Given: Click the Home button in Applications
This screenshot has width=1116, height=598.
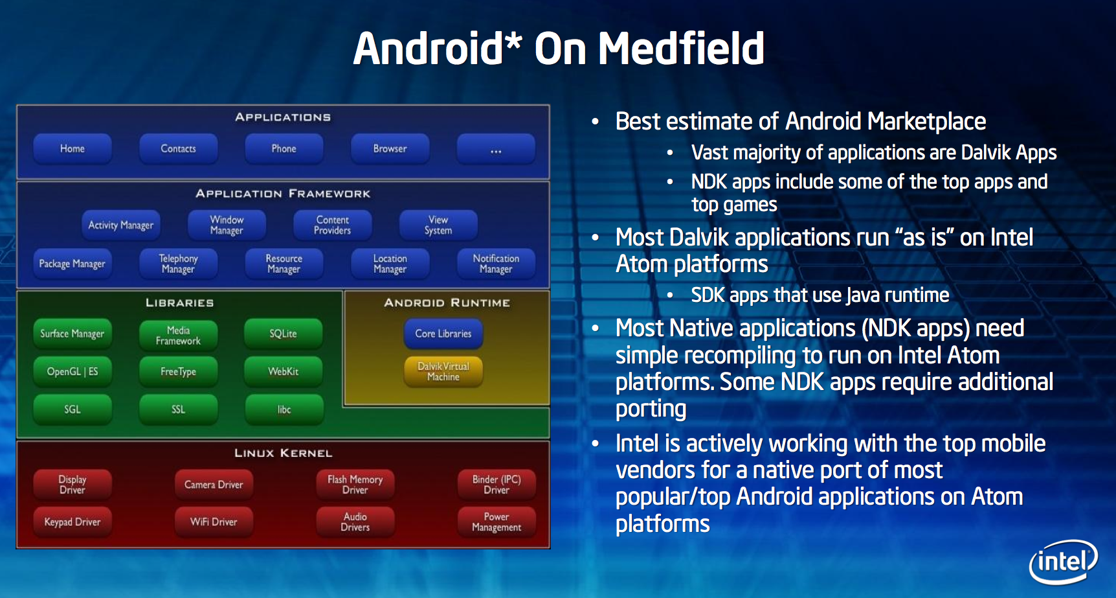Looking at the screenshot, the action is pyautogui.click(x=73, y=148).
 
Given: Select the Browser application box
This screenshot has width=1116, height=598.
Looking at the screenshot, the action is pyautogui.click(x=390, y=148).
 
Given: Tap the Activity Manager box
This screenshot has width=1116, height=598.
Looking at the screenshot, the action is pyautogui.click(x=121, y=225).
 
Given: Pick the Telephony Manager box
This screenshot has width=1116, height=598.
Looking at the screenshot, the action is pyautogui.click(x=178, y=264).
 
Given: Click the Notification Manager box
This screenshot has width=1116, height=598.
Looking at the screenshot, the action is pyautogui.click(x=496, y=264).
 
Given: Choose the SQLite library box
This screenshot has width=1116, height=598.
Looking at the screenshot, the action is pyautogui.click(x=284, y=334).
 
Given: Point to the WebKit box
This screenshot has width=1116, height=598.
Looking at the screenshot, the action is pyautogui.click(x=284, y=371).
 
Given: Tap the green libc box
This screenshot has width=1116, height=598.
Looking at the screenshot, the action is pyautogui.click(x=284, y=409).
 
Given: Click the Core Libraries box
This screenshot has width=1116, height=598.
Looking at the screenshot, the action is pyautogui.click(x=443, y=334).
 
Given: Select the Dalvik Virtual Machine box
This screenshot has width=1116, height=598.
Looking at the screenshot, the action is pyautogui.click(x=443, y=371).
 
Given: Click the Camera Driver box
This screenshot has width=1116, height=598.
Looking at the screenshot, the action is pyautogui.click(x=214, y=485).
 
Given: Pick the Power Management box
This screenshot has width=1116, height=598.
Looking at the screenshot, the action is pyautogui.click(x=497, y=522).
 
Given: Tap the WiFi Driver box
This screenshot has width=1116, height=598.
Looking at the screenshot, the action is pyautogui.click(x=214, y=522).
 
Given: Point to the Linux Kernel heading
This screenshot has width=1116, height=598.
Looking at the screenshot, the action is pyautogui.click(x=284, y=453).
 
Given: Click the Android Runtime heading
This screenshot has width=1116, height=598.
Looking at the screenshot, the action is pyautogui.click(x=447, y=303).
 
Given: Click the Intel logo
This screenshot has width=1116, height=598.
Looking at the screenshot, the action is pyautogui.click(x=1064, y=561).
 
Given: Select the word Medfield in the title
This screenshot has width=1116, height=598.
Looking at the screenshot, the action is pyautogui.click(x=681, y=49).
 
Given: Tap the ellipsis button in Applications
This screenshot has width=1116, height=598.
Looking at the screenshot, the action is pyautogui.click(x=496, y=148).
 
